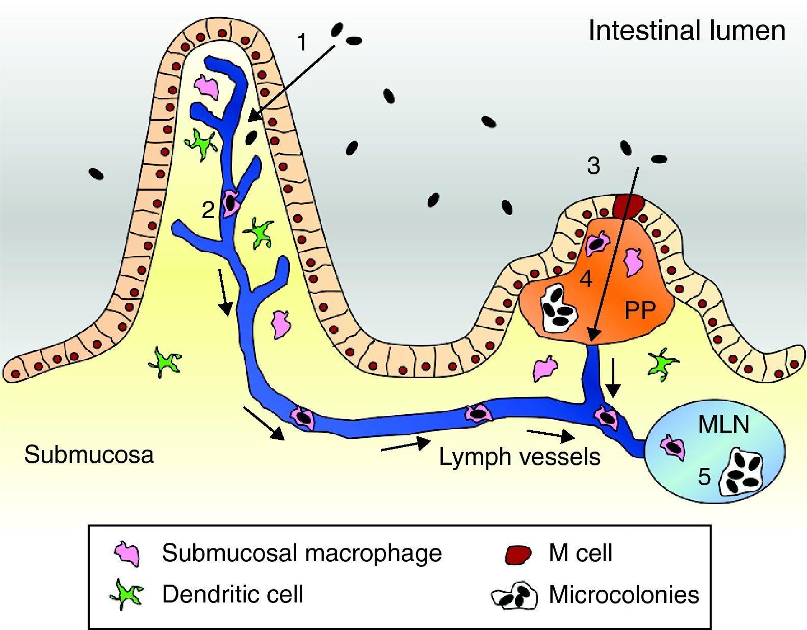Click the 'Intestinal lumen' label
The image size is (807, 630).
[687, 31]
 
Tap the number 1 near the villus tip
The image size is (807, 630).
[302, 42]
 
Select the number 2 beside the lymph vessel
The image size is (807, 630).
[208, 209]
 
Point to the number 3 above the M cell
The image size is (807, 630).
[593, 166]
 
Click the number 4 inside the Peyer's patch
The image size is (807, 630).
[586, 279]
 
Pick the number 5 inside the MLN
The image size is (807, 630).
[704, 477]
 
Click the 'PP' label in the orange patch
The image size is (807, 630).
[640, 310]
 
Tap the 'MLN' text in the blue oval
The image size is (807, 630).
[723, 424]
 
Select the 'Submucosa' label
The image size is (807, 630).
[89, 454]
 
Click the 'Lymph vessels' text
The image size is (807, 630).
[519, 457]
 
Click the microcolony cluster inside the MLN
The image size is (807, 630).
[742, 472]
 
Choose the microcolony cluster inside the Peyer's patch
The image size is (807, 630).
[559, 308]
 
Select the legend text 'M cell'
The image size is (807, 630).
[580, 553]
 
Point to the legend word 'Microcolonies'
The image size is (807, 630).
[623, 594]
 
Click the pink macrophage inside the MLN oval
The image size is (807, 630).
[673, 447]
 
